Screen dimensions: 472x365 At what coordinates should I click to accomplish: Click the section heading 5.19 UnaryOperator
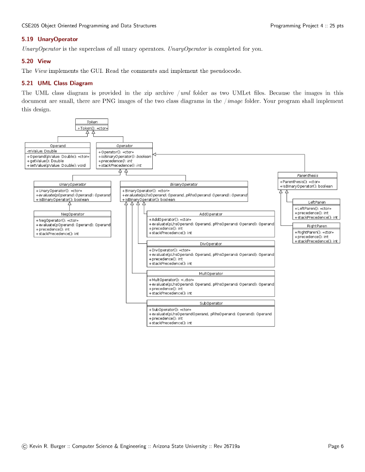[x=50, y=39]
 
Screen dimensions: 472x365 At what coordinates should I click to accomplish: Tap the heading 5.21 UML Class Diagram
[x=57, y=83]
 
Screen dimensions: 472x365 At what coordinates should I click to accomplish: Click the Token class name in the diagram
[x=92, y=122]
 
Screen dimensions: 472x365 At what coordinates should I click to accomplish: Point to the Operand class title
[x=58, y=146]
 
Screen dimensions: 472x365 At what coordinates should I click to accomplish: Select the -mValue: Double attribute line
[x=42, y=151]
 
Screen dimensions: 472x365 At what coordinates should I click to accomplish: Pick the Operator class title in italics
[x=125, y=146]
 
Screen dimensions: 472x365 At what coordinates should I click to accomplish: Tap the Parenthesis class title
[x=307, y=175]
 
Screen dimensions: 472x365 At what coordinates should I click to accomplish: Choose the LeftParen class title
[x=317, y=202]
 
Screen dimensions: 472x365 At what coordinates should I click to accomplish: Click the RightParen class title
[x=317, y=226]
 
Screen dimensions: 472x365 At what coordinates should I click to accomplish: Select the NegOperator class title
[x=72, y=214]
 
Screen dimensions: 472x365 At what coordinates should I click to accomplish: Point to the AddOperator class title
[x=211, y=214]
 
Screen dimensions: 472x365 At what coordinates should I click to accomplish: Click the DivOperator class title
[x=211, y=243]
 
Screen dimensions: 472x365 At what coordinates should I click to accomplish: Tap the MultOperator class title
[x=211, y=273]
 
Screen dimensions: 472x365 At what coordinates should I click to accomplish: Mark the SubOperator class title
[x=211, y=303]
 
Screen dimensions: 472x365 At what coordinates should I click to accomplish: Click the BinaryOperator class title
[x=184, y=184]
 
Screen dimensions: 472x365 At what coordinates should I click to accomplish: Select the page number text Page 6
[x=335, y=446]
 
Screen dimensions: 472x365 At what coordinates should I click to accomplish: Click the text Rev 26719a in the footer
[x=226, y=446]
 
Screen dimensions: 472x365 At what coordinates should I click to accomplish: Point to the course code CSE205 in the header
[x=30, y=25]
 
